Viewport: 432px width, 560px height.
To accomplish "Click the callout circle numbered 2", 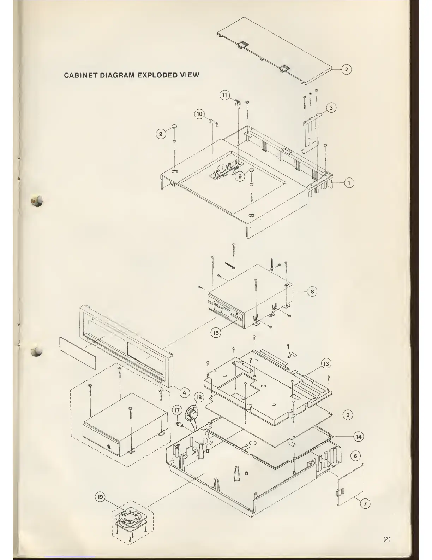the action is (347, 69).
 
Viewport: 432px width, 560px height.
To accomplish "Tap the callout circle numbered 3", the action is (331, 107).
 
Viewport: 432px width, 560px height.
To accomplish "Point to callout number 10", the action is (199, 114).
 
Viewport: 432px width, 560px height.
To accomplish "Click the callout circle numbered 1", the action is (349, 183).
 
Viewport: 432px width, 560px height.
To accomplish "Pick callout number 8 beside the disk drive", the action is (312, 292).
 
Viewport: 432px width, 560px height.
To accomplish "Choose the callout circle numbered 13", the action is (326, 364).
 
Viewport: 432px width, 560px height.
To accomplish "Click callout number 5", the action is (348, 415).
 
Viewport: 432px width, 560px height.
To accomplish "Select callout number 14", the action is (359, 437).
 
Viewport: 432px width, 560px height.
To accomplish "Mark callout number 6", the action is (355, 456).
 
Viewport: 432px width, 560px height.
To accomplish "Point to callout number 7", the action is (365, 504).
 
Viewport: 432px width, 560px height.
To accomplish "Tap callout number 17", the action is (178, 410).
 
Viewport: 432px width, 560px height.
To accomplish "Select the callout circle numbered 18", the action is (199, 397).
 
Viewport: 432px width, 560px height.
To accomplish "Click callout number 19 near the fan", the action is (100, 497).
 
